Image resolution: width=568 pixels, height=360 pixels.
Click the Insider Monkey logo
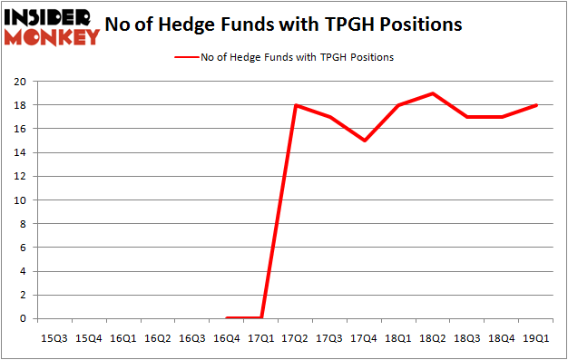coord(51,25)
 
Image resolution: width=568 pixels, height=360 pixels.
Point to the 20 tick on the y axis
coord(20,82)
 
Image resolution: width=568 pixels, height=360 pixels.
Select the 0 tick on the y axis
coord(23,318)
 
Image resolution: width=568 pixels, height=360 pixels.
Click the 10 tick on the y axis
coord(20,199)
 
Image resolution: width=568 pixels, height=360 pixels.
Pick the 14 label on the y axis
coord(20,152)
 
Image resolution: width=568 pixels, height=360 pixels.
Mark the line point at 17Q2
coord(296,105)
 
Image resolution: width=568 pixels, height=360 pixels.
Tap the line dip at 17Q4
coord(365,141)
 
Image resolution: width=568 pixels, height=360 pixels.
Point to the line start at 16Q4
coord(227,317)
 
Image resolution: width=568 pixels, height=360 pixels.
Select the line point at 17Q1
coord(261,317)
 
